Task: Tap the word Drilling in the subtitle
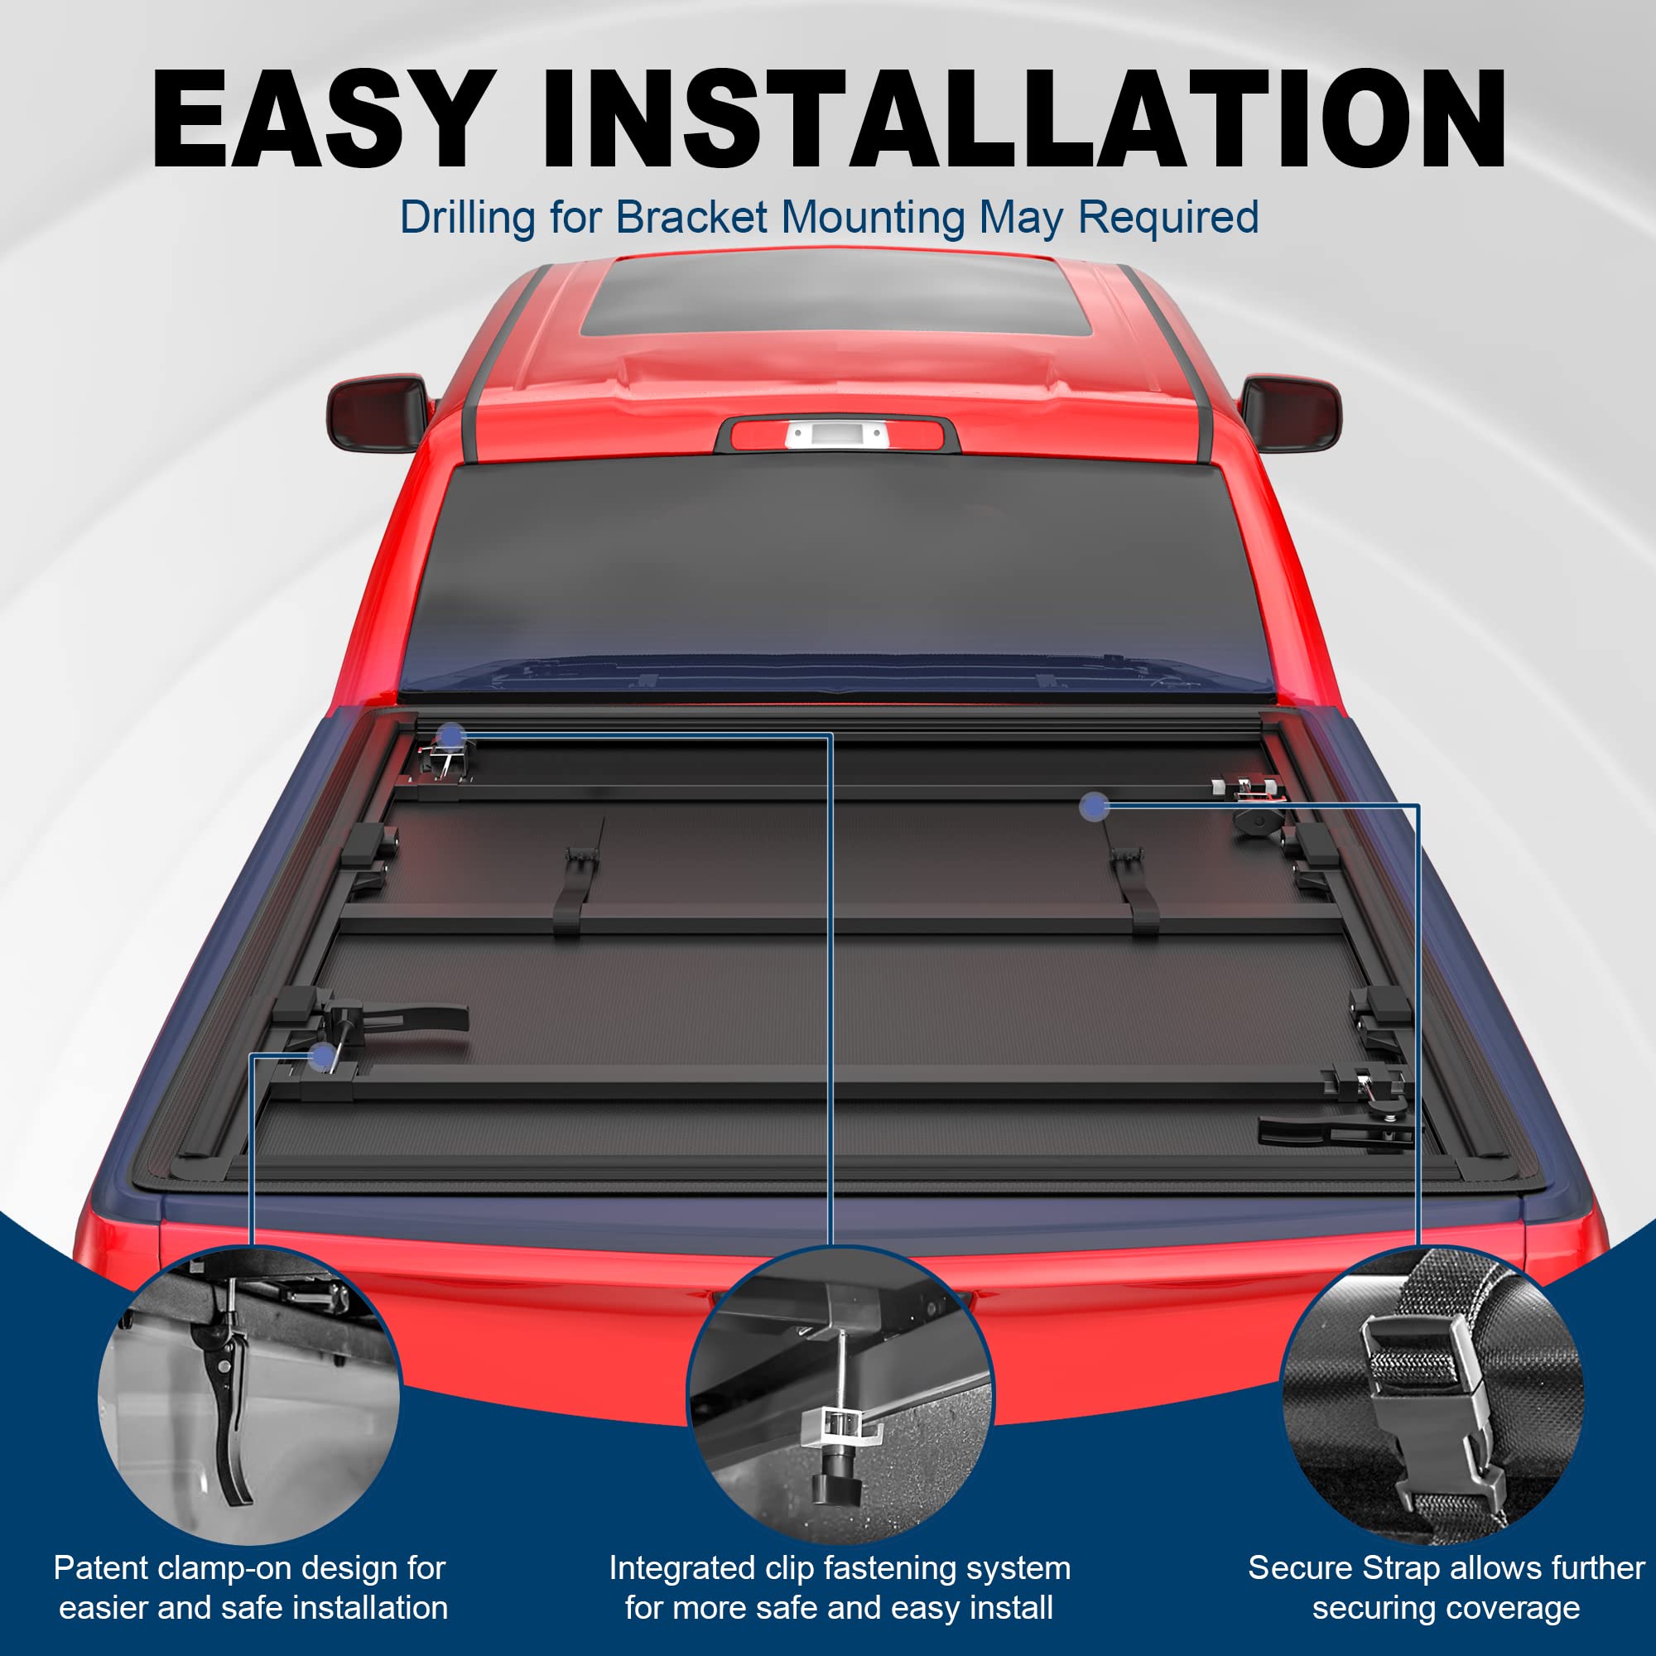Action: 467,218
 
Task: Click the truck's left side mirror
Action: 377,412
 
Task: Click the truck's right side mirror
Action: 1291,413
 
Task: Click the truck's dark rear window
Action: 835,575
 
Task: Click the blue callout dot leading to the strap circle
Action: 1094,806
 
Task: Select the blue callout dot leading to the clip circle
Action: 451,735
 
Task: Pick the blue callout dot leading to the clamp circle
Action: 322,1057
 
